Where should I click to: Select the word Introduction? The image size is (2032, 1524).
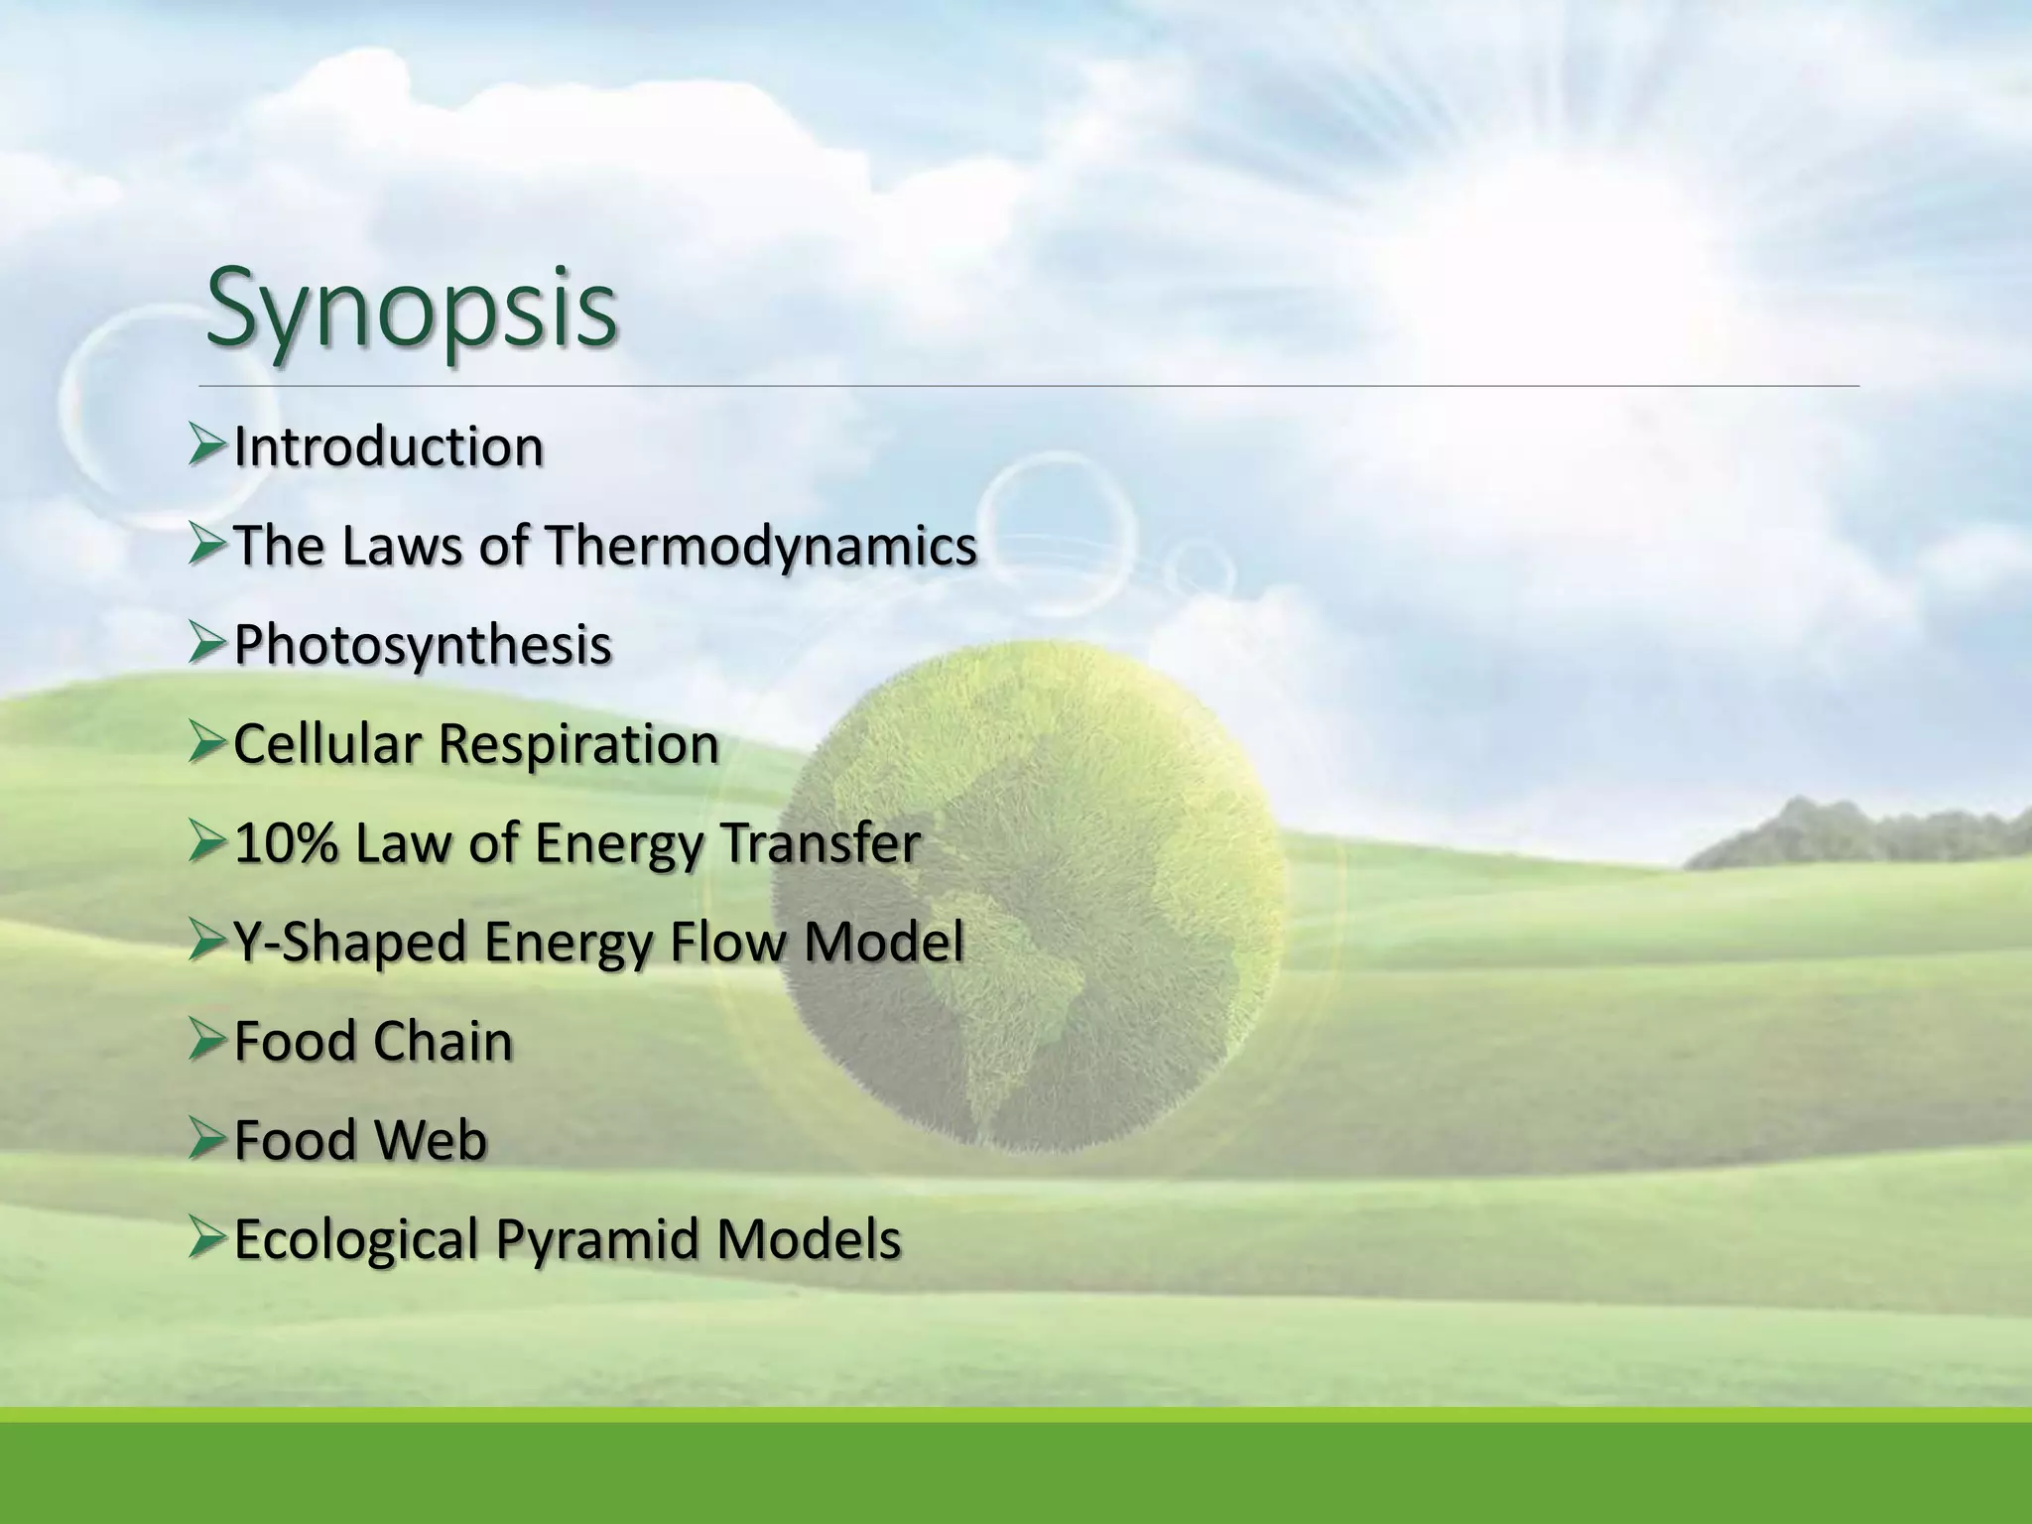[388, 447]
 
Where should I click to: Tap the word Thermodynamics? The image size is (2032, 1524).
[761, 547]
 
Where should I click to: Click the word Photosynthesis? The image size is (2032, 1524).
[423, 646]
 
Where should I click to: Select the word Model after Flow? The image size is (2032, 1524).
[883, 943]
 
